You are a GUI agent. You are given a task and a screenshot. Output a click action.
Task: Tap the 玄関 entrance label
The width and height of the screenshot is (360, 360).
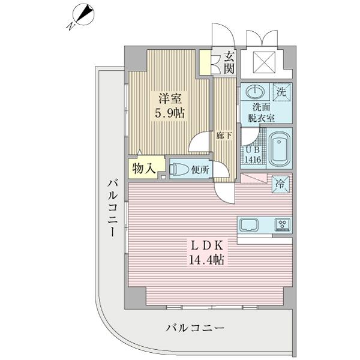(x=229, y=62)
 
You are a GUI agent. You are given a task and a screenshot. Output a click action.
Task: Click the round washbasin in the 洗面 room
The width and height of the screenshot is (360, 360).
(x=255, y=92)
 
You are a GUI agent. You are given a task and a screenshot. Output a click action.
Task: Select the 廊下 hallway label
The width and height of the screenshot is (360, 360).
(x=224, y=136)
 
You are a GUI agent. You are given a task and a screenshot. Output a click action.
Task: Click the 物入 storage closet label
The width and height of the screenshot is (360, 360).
(x=143, y=169)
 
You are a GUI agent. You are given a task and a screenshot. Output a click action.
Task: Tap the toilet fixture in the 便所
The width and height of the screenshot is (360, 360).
(x=180, y=170)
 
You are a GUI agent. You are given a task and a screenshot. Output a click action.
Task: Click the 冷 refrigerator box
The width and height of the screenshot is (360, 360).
(x=280, y=184)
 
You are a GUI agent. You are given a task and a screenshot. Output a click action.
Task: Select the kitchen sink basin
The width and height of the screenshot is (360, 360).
(x=249, y=226)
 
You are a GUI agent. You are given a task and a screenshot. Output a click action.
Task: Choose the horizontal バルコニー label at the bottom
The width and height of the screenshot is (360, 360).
(x=194, y=328)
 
